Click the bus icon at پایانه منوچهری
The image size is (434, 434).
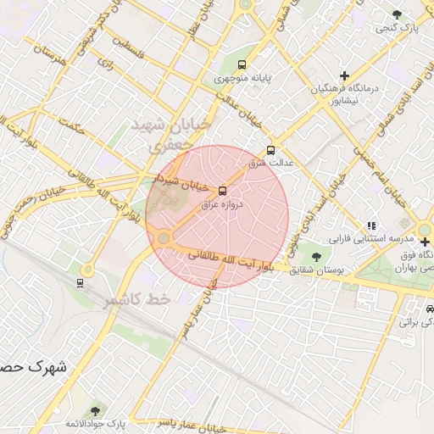(243, 64)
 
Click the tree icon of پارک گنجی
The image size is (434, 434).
(397, 14)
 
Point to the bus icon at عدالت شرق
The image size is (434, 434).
(270, 149)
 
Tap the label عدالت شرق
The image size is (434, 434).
(270, 162)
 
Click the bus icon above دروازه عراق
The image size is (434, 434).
(223, 191)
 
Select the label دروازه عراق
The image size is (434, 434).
(221, 204)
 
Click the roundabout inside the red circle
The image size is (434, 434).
(164, 239)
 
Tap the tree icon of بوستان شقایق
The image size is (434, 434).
(316, 257)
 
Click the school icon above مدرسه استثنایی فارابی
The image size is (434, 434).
(371, 226)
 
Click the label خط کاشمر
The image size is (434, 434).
(137, 300)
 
